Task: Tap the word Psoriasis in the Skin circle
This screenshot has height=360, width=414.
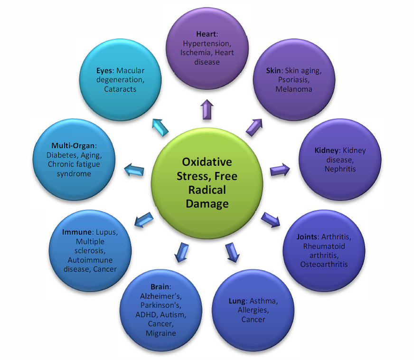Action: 294,80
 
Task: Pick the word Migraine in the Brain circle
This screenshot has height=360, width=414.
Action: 161,333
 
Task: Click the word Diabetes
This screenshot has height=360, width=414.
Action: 60,155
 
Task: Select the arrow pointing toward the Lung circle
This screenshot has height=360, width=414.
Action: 231,252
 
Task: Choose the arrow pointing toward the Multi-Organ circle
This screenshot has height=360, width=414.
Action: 134,169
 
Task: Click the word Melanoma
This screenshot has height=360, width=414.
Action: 293,89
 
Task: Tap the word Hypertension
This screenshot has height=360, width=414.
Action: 206,43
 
